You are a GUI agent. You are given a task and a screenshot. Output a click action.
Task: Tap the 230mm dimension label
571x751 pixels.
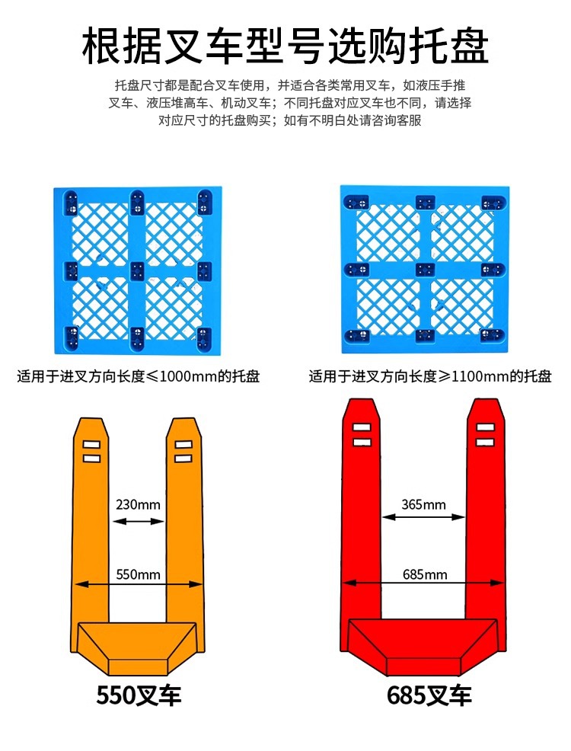tap(138, 504)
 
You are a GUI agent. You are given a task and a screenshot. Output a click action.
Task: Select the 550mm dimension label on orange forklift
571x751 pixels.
tap(138, 574)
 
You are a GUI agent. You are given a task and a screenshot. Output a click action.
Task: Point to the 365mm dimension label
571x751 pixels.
tap(423, 505)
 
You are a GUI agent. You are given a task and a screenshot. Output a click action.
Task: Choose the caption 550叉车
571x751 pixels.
tap(139, 695)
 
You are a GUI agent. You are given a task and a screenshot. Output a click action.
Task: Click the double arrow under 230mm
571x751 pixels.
tap(138, 522)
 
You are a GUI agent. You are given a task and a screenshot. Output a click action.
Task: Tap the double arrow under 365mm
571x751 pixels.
tap(423, 517)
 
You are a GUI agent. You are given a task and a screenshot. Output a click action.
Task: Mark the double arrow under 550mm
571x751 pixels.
tap(138, 585)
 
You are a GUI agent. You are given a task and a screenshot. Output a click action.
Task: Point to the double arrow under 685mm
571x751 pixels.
tap(423, 585)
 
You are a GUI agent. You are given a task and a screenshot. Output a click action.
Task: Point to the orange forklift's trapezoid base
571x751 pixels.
tap(138, 647)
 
